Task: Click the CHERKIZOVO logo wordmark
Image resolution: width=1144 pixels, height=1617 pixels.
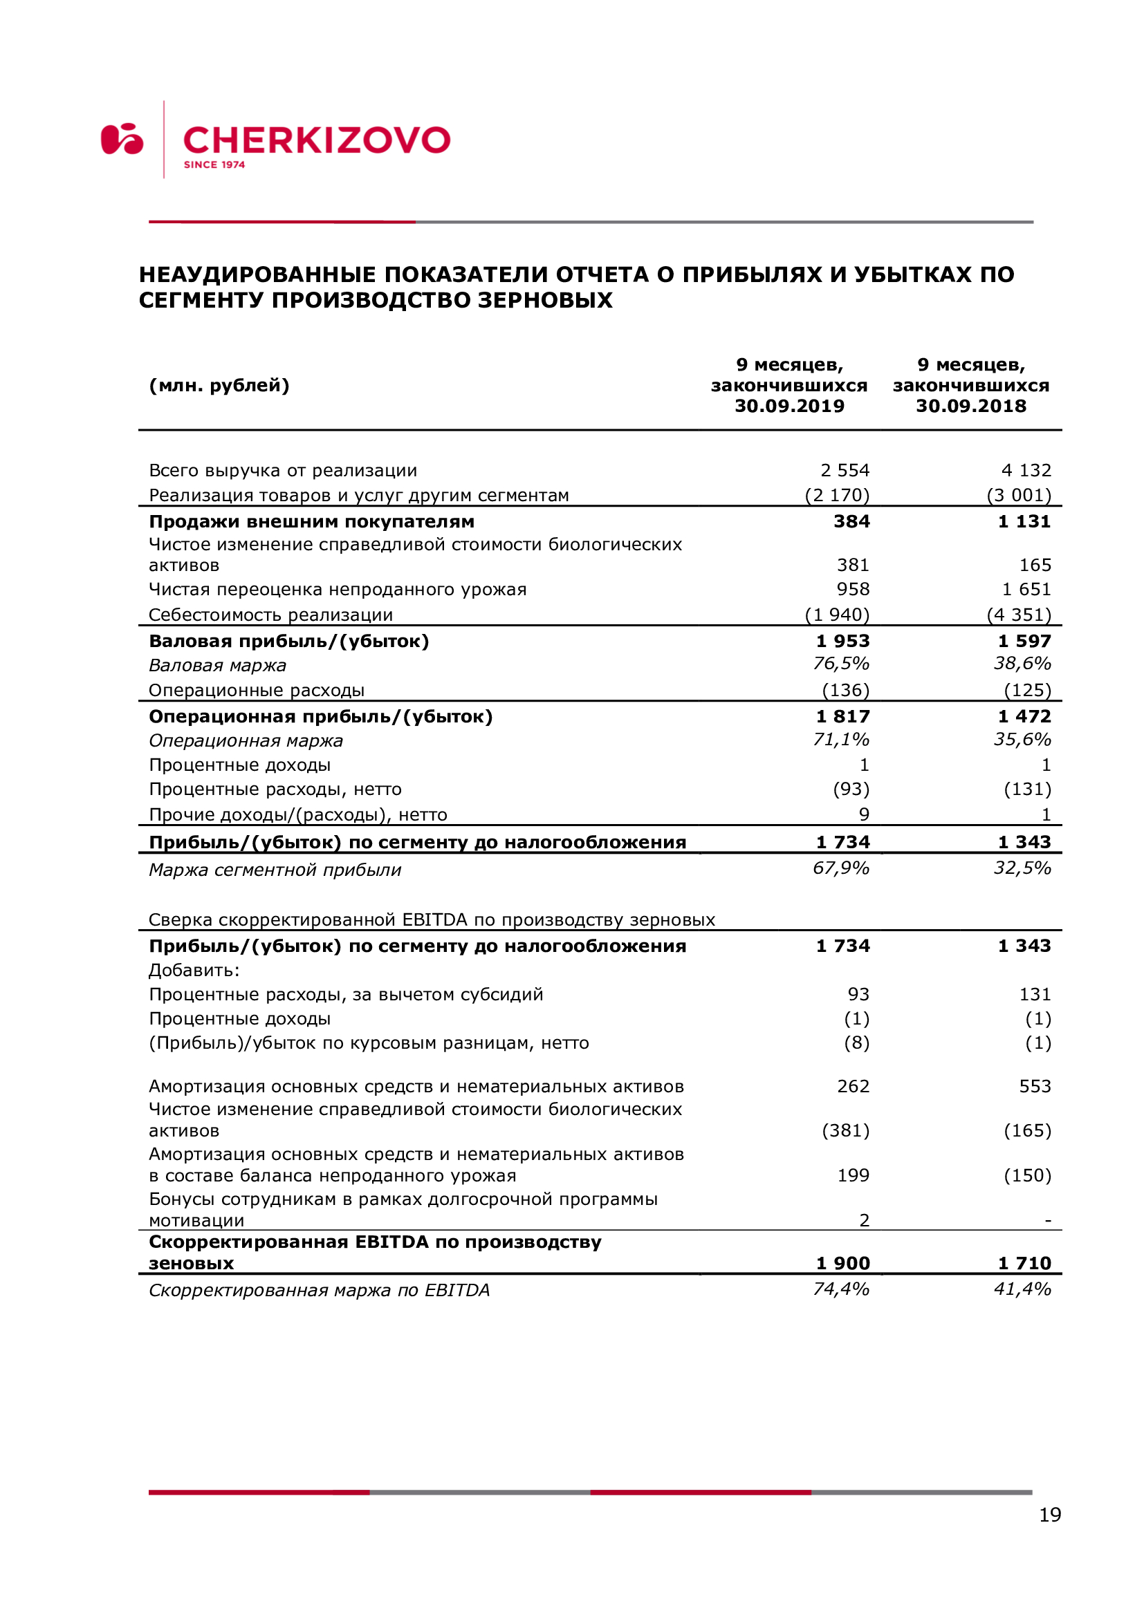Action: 316,140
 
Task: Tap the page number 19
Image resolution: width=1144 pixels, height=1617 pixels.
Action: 1050,1514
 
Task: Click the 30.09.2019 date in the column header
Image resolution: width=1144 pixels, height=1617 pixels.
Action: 789,406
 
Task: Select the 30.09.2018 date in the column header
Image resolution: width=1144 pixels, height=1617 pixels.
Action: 970,406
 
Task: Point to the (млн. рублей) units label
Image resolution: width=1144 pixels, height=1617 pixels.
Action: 219,385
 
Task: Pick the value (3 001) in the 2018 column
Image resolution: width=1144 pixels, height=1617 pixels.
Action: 1019,495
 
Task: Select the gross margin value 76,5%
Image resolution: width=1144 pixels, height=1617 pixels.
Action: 841,664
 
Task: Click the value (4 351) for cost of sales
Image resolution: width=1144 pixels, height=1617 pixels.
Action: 1019,615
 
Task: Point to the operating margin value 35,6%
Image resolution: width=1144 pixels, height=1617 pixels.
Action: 1022,740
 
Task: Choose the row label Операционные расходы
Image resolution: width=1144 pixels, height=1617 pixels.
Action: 257,690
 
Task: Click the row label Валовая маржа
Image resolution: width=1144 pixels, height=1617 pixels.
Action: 218,666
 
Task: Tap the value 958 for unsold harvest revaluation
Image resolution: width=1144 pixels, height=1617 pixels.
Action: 852,589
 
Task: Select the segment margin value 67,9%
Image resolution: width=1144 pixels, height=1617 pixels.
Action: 841,868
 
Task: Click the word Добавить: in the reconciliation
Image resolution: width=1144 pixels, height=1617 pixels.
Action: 194,971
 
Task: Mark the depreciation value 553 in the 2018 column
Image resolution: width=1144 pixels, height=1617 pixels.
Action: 1035,1086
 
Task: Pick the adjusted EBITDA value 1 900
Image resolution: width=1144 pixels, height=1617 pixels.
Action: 842,1263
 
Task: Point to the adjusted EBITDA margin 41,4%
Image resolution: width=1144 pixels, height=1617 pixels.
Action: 1022,1289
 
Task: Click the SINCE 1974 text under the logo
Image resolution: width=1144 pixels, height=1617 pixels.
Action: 214,165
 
